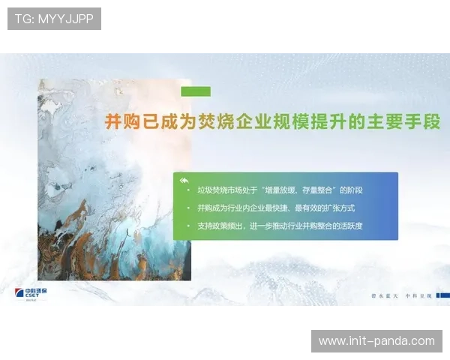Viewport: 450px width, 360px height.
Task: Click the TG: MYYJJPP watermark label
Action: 53,19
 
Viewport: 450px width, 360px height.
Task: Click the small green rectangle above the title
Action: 196,91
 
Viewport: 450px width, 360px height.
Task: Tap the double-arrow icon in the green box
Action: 184,180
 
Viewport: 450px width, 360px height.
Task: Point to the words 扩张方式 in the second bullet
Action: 337,208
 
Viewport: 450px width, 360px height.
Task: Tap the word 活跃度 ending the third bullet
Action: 352,226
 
